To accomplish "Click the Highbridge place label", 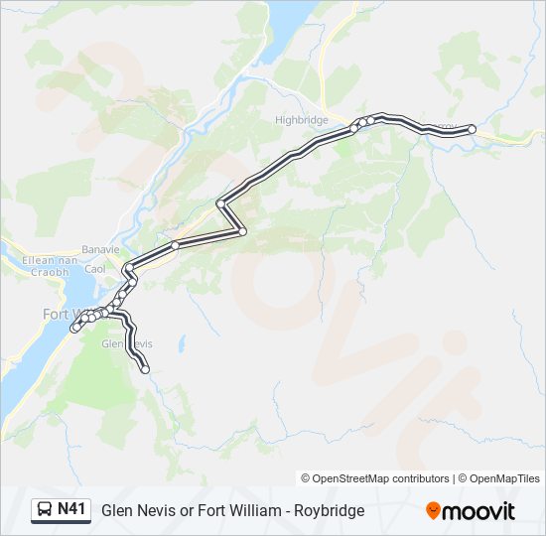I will coord(300,119).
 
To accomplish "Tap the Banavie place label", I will coord(99,249).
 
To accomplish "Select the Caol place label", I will coord(95,269).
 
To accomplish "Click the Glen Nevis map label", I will coord(127,343).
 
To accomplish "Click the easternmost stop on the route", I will coord(472,129).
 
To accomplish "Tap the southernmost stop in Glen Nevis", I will coord(145,369).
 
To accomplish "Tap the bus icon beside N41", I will coord(45,510).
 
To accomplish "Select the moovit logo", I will coord(471,510).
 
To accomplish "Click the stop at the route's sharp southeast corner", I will coord(242,231).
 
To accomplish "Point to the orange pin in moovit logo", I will coord(433,510).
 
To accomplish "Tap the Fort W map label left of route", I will coord(60,314).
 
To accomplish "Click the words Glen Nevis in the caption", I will coord(135,510).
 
